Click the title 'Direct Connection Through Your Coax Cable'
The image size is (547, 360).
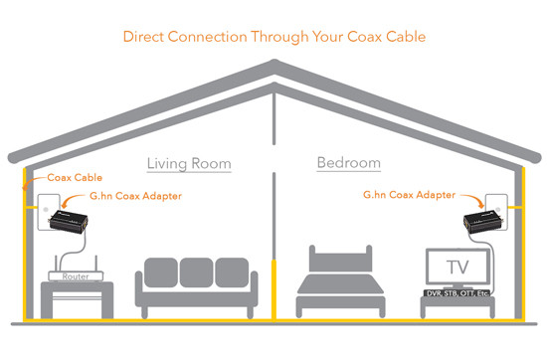pos(273,37)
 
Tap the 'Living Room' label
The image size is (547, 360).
pos(189,162)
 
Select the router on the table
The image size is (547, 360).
pos(66,277)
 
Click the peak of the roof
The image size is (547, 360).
pos(273,67)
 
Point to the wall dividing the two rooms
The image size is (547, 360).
pos(273,199)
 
